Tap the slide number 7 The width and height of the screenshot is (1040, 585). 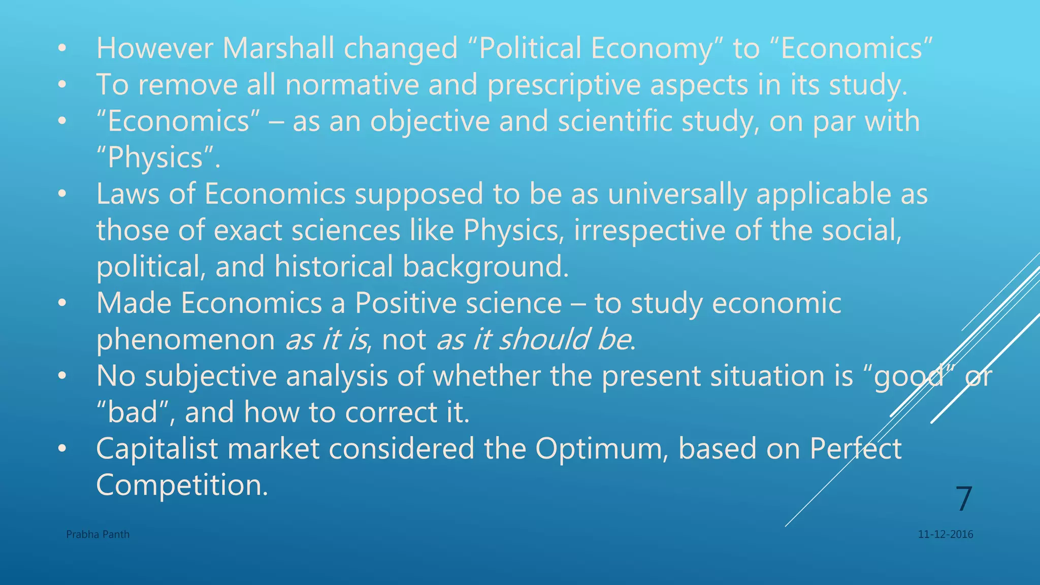[963, 499]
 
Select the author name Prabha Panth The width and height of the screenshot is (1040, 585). [97, 534]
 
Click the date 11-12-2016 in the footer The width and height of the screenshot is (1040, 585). [946, 534]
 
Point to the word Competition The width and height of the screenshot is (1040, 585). [182, 485]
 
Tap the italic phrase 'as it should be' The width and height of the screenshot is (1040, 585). [534, 339]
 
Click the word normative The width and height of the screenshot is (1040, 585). [352, 85]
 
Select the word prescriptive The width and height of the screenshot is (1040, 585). [564, 85]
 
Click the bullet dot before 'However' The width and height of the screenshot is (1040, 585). [62, 49]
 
